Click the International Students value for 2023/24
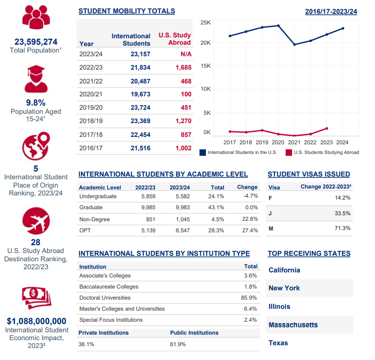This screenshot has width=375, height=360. coord(141,54)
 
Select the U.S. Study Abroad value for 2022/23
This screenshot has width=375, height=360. coord(183,67)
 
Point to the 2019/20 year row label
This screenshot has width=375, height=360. coord(91,107)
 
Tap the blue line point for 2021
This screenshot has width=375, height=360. coord(294,45)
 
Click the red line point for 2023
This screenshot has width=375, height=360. coord(327,129)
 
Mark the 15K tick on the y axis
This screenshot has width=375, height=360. coord(205,66)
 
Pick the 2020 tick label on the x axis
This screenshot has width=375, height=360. coord(278,142)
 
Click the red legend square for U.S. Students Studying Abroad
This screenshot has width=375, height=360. coord(289,153)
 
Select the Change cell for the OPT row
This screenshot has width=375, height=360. coord(250,230)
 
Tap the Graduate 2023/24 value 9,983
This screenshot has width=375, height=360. coord(183,207)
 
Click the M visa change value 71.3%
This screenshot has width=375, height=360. coord(342,228)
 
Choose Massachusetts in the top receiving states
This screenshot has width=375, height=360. coord(293,325)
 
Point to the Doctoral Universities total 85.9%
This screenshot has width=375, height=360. coord(249,298)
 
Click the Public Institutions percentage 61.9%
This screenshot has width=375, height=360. coord(178,344)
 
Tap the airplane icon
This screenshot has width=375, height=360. coord(36,221)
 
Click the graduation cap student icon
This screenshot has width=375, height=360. coord(36,79)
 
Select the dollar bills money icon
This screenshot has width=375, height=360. coord(36,298)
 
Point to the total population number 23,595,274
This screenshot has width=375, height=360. coord(36,42)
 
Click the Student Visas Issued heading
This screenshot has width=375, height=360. coord(309,174)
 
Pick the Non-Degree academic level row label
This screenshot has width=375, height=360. coord(94,219)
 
